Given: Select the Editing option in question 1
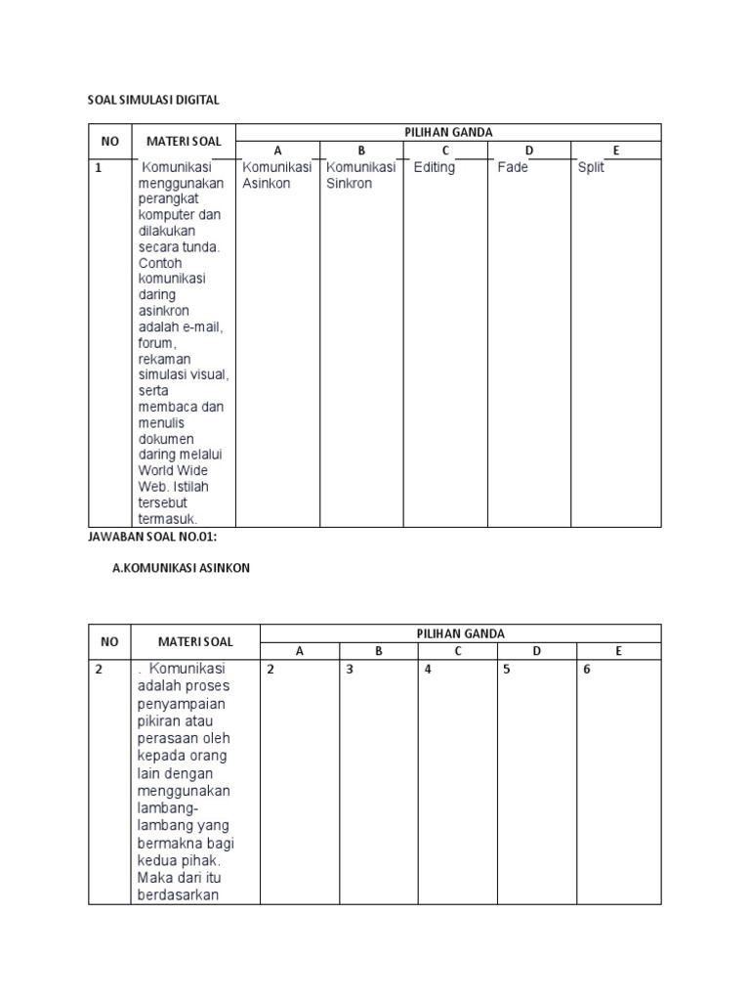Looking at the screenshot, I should coord(434,167).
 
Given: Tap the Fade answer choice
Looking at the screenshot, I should coord(512,167).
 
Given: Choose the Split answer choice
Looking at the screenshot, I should coord(591,167).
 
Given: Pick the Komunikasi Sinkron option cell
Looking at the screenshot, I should coord(361,175).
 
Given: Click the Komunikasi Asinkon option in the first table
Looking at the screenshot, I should coord(277,175).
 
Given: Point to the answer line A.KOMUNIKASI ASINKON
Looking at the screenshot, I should coord(182,568).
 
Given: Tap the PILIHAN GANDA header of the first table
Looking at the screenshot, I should coord(449,132).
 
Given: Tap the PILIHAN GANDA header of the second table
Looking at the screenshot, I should coord(461,633).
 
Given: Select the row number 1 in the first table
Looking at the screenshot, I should coord(99,167).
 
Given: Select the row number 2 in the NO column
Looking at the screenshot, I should coord(99,670).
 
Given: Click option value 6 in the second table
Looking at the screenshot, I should coord(587,670).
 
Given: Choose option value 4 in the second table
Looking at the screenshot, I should coord(428,670).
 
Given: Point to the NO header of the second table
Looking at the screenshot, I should coord(109,642).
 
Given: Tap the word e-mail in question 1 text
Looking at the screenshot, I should coord(201,326).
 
